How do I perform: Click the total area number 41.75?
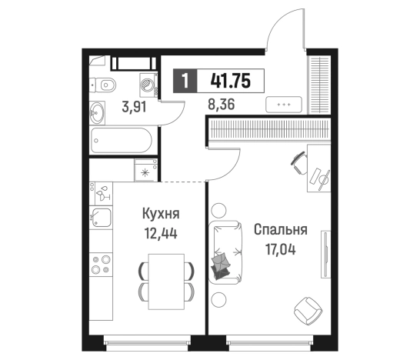(229, 80)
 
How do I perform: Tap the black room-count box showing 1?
(185, 80)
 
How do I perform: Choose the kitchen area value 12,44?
(161, 232)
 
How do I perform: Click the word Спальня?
(281, 229)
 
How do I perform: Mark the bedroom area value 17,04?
(281, 248)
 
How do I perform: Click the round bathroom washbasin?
(98, 113)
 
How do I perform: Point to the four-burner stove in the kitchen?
(100, 265)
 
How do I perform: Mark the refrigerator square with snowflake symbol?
(145, 171)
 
